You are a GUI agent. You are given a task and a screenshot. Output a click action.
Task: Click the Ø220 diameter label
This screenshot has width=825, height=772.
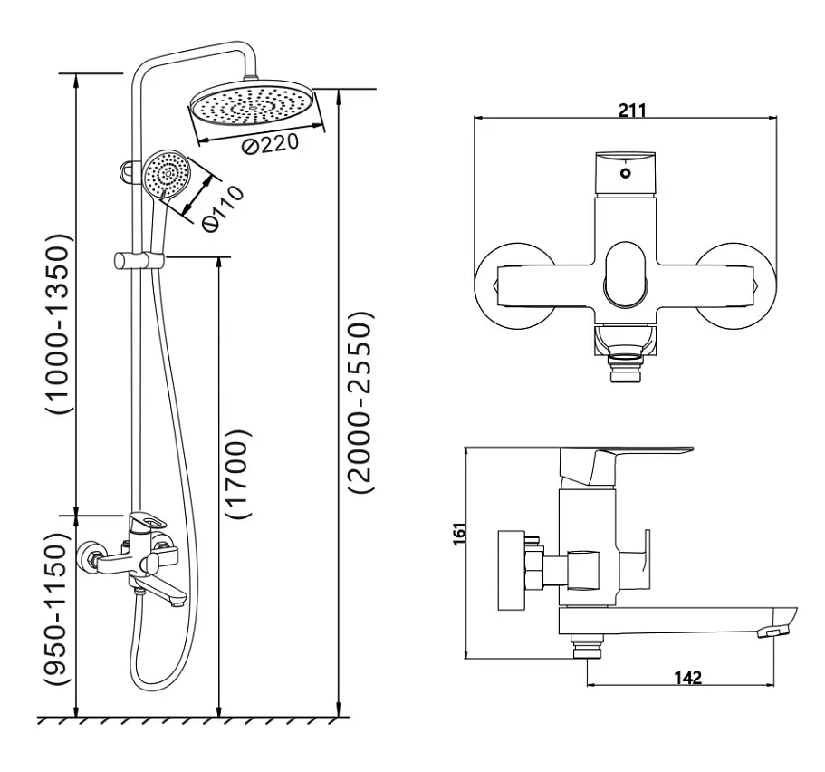tap(271, 143)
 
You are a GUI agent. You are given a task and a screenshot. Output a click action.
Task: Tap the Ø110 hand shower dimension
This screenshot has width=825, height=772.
tap(223, 208)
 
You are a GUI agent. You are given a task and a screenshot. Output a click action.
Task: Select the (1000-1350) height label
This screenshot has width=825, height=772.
tap(57, 323)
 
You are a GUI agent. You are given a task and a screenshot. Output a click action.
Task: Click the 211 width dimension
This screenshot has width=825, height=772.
tap(631, 111)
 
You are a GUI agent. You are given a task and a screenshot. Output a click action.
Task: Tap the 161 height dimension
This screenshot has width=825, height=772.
tap(459, 534)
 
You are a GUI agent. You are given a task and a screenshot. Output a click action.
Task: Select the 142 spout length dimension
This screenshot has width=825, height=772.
tap(688, 677)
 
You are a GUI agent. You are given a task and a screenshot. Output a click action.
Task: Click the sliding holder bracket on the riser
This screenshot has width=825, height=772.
tap(139, 261)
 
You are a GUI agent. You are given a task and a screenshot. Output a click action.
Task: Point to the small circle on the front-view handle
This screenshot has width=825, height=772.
tap(625, 173)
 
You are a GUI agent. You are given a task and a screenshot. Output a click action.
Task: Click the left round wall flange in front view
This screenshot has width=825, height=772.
tap(515, 286)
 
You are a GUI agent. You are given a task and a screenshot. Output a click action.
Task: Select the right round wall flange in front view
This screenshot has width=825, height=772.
tap(736, 286)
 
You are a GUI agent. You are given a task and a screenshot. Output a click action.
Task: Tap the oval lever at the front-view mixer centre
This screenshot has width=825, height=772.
tap(626, 275)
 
